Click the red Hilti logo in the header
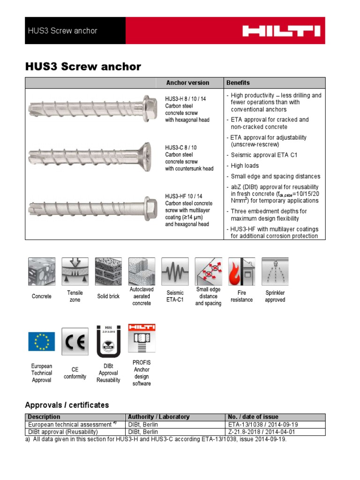click(x=281, y=31)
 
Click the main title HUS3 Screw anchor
click(x=83, y=67)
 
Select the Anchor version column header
click(x=187, y=83)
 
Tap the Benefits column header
click(x=238, y=83)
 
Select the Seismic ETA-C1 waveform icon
click(x=175, y=271)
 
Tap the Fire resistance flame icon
click(x=241, y=271)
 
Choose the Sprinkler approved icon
click(x=275, y=271)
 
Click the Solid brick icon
click(x=108, y=271)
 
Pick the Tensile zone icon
click(x=75, y=271)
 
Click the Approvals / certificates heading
click(x=67, y=405)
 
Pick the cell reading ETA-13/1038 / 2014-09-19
click(x=262, y=424)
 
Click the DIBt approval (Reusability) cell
click(x=63, y=432)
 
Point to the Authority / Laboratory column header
click(x=159, y=417)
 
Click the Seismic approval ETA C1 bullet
click(x=263, y=155)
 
